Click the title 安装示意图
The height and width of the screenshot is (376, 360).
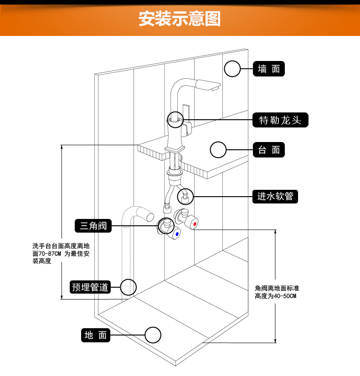pos(180,20)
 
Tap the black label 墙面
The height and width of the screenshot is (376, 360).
pos(269,69)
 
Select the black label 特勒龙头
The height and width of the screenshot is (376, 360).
pos(280,120)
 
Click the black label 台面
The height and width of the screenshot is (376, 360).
pos(269,150)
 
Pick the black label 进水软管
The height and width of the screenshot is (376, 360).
pos(275,197)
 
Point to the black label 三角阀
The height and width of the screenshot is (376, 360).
pos(93,225)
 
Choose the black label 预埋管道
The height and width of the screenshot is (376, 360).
pos(91,287)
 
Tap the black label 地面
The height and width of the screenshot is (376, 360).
pos(96,335)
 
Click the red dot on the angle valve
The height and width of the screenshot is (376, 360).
pos(195,224)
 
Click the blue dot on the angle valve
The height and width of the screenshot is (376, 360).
pos(176,234)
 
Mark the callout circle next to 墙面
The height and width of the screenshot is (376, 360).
pos(232,69)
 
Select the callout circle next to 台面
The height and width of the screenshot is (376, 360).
pos(218,150)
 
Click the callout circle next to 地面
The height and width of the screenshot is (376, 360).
pos(153,335)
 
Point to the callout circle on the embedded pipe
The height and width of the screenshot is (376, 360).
pos(129,287)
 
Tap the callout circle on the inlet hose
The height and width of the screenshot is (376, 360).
pos(185,197)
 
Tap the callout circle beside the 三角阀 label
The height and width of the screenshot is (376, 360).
pos(166,225)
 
